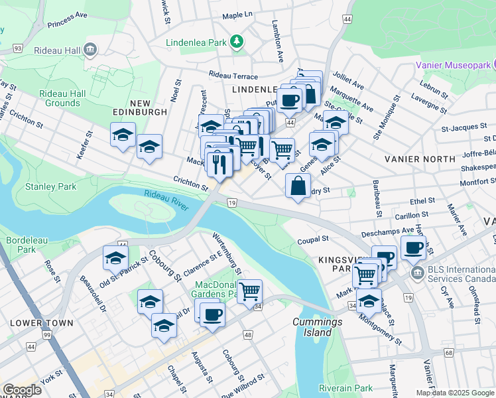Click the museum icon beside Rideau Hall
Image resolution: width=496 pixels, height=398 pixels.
91,49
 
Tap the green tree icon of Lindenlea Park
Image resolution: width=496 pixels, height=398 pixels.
237,42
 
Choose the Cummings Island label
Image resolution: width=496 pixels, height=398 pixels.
317,328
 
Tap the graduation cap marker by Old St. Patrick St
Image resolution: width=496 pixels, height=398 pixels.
115,258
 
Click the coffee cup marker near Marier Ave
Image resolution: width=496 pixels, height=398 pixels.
414,248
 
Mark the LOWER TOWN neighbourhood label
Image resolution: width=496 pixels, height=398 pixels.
37,322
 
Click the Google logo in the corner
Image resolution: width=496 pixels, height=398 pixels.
22,389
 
